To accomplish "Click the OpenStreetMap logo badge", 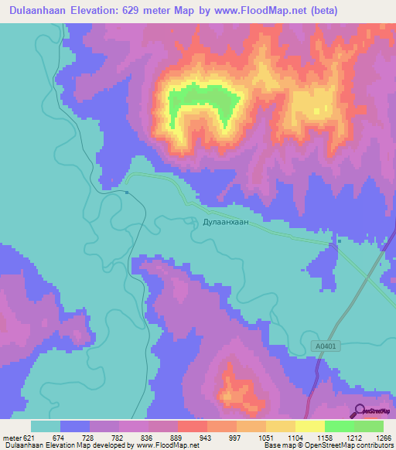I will [372, 411].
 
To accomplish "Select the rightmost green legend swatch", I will [369, 426].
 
